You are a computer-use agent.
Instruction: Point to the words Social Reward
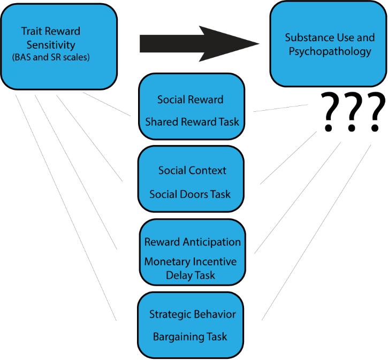click(191, 100)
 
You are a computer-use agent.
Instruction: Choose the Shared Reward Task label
click(192, 121)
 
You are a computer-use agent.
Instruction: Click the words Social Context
click(192, 171)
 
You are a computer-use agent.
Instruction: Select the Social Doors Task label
click(191, 193)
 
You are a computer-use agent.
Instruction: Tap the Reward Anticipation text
click(192, 242)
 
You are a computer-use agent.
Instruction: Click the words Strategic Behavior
click(192, 314)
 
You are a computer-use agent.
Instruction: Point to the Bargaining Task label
click(190, 336)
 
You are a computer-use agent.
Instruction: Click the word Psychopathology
click(328, 52)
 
